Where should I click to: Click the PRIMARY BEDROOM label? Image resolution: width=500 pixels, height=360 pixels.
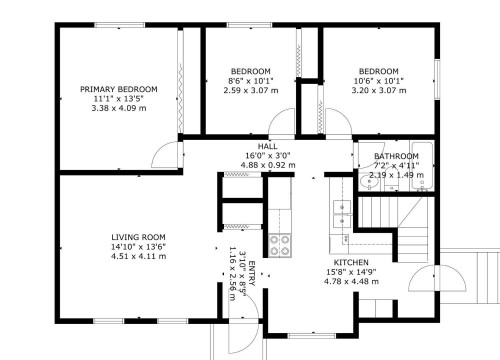click(x=118, y=89)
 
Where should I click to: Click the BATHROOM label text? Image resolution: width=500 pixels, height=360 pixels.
click(x=396, y=157)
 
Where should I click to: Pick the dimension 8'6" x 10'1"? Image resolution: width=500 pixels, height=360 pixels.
click(x=250, y=81)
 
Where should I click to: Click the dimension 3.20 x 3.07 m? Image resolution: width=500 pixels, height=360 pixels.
click(x=379, y=90)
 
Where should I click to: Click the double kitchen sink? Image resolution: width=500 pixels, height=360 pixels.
click(x=340, y=208)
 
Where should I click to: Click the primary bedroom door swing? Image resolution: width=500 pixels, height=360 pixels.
click(x=161, y=155)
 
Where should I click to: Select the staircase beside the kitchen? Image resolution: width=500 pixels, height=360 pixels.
click(x=395, y=225)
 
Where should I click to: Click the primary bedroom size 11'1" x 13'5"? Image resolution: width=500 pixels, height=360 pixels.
click(x=118, y=98)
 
